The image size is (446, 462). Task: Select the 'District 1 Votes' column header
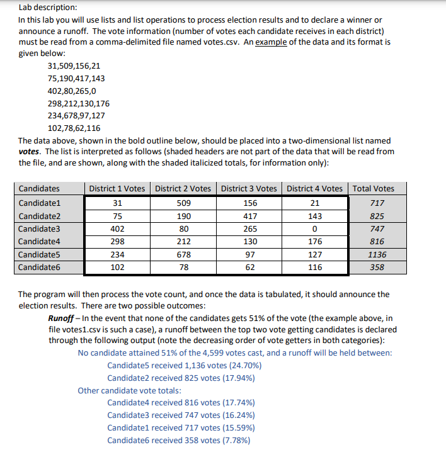(117, 188)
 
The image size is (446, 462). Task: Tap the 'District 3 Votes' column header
(249, 188)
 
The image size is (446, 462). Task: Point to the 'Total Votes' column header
(374, 188)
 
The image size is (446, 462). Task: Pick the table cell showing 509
(183, 203)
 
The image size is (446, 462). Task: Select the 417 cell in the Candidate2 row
(249, 216)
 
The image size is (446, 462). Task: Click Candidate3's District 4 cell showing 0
(315, 229)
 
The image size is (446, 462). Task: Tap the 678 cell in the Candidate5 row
(183, 255)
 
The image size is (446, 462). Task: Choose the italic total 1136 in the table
(377, 255)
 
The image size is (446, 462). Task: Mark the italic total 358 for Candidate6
(377, 268)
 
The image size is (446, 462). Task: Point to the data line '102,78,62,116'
(74, 128)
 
